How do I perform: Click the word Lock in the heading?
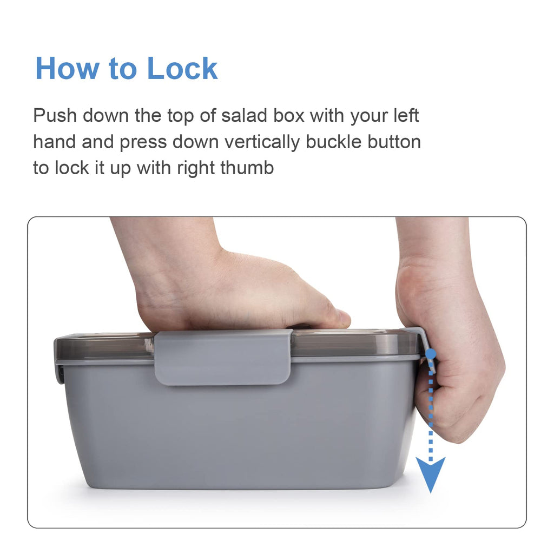(182, 68)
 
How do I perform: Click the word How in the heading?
(67, 68)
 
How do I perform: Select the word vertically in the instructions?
(262, 142)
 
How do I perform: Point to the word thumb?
(247, 168)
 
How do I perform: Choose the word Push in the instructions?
(55, 115)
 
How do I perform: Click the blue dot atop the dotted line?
(431, 353)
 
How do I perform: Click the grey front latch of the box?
(222, 357)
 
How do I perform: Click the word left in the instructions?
(406, 115)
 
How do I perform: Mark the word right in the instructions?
(195, 168)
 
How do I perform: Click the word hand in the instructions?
(55, 142)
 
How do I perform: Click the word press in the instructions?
(143, 143)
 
